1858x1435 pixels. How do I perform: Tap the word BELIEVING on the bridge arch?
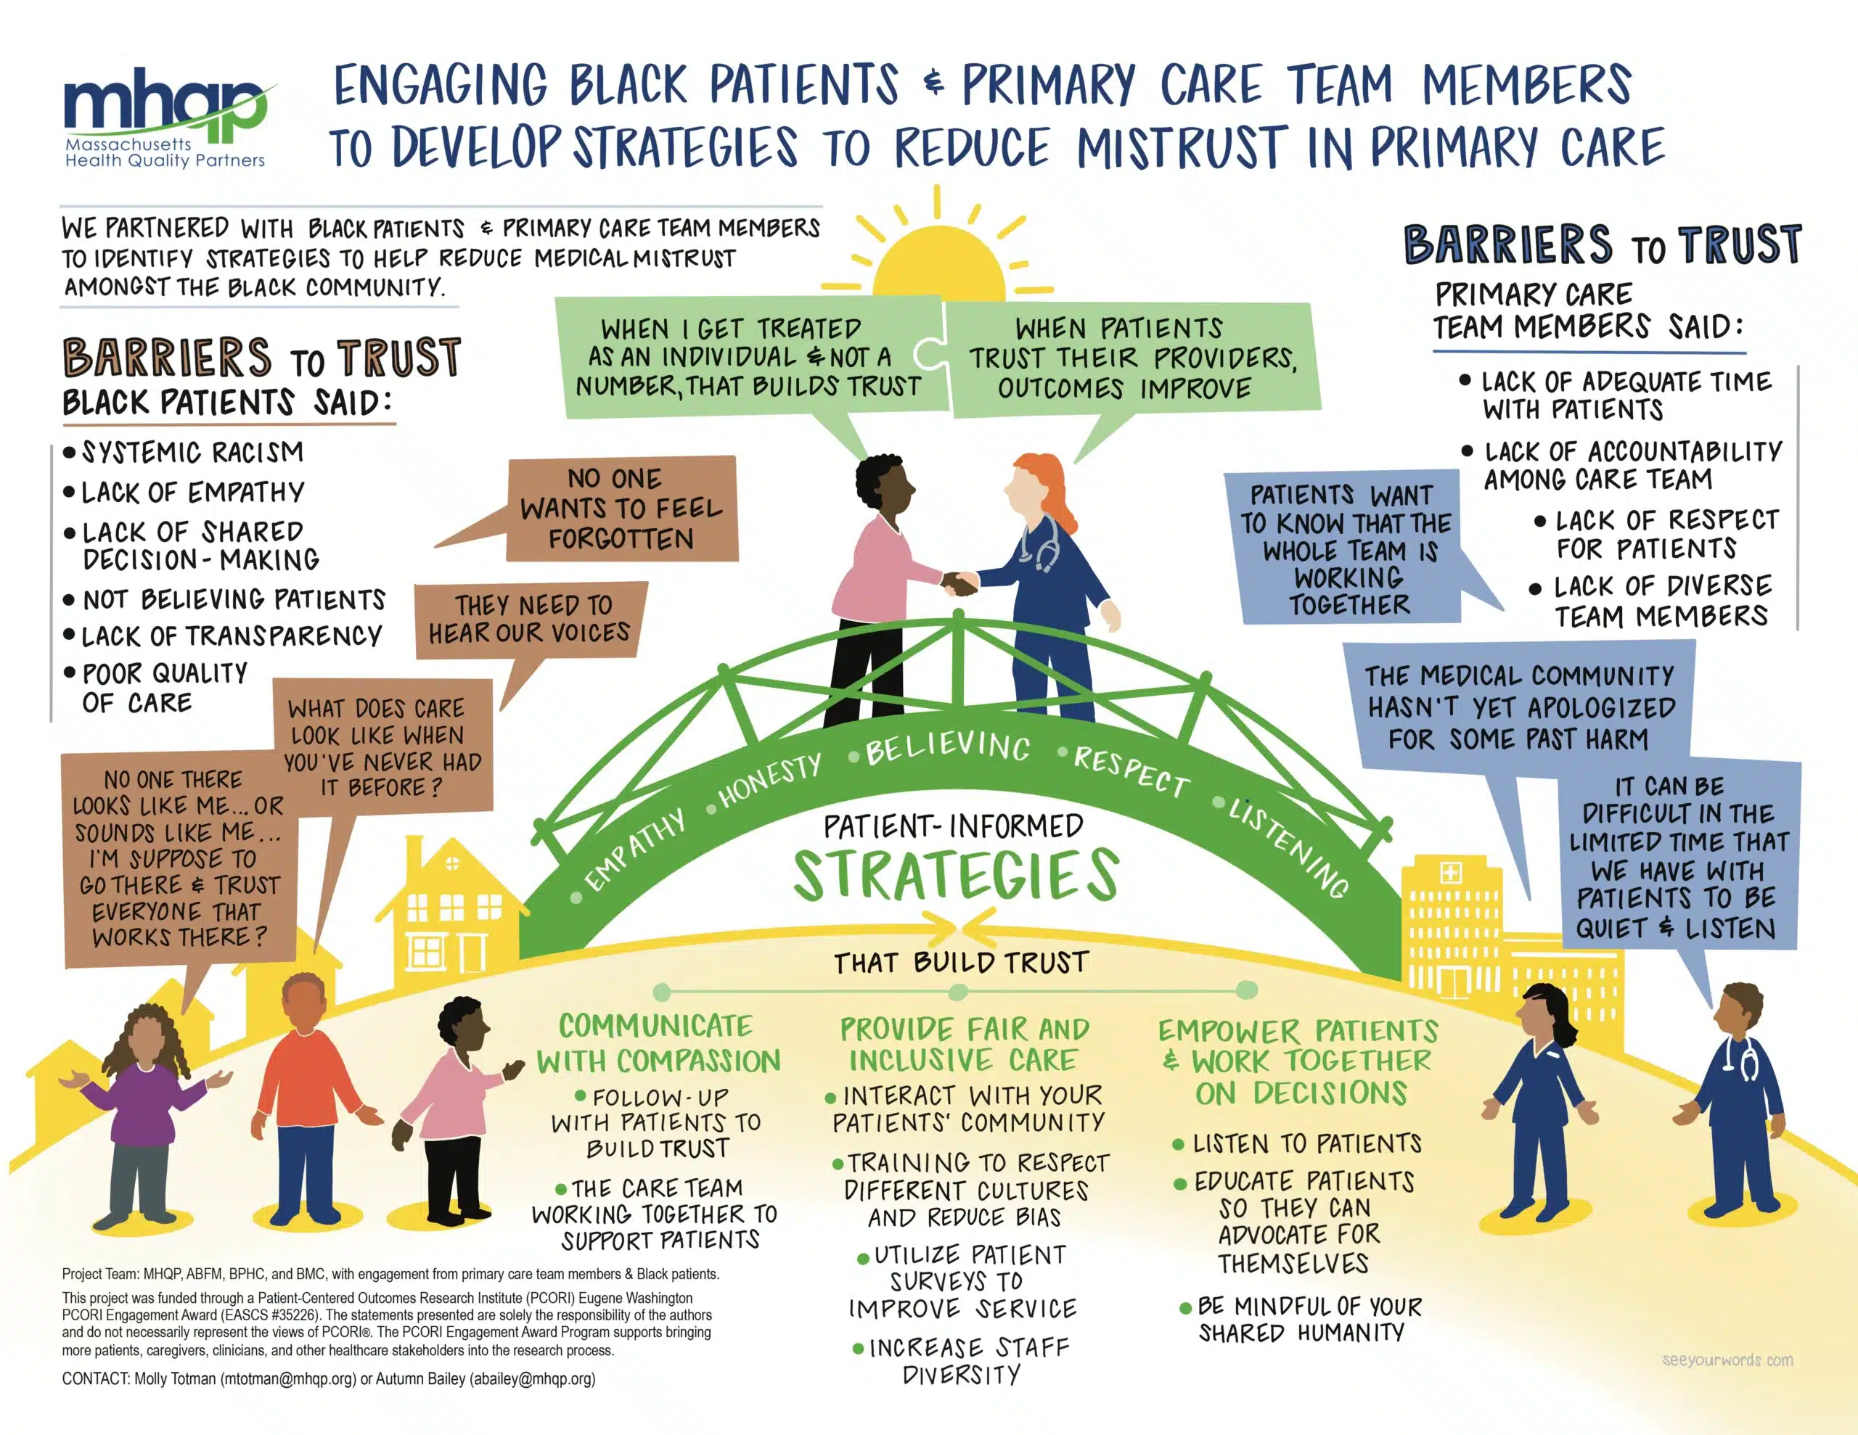[948, 747]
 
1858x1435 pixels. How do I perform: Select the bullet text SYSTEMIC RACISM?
[192, 452]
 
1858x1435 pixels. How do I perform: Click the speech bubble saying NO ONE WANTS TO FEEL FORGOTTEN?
[621, 509]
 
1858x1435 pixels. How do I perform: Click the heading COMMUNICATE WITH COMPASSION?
[658, 1043]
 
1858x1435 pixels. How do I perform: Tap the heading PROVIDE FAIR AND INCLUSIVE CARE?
[965, 1044]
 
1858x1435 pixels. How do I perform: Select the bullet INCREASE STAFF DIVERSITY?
[962, 1362]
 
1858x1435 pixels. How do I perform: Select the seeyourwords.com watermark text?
[1727, 1360]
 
